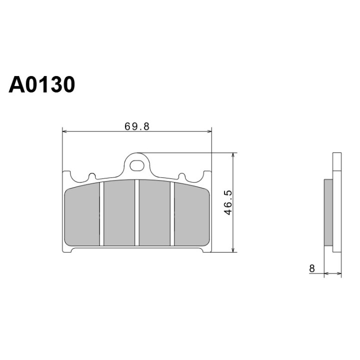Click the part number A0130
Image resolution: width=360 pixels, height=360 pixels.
pyautogui.click(x=42, y=84)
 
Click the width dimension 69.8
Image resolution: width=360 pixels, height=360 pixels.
pyautogui.click(x=137, y=126)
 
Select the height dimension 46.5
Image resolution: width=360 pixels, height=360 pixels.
pyautogui.click(x=228, y=202)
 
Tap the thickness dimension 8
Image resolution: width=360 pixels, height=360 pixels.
pyautogui.click(x=312, y=268)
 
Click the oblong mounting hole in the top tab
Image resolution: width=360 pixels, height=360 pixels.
pyautogui.click(x=137, y=165)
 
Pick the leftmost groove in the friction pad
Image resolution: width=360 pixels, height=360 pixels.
pyautogui.click(x=101, y=214)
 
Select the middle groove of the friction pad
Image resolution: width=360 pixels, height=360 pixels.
pyautogui.click(x=137, y=213)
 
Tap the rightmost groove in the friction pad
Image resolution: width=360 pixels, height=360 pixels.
pyautogui.click(x=172, y=214)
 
